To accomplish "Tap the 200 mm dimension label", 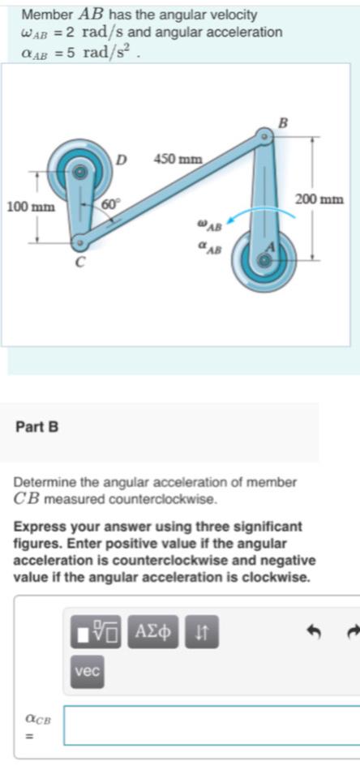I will (322, 199).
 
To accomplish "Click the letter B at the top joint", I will (282, 123).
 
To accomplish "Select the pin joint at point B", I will (264, 139).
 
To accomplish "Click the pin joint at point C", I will (79, 241).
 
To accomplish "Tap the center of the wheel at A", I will (264, 260).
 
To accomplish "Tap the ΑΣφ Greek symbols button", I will (154, 630).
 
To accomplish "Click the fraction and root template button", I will (96, 630).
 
